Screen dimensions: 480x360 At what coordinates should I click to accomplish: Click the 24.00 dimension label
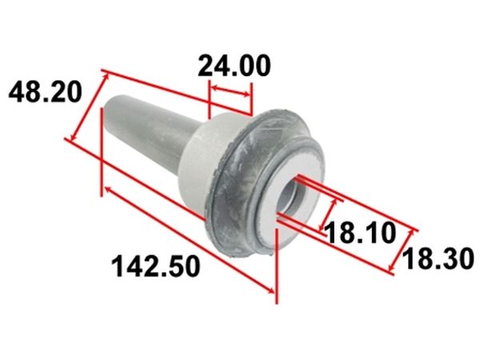[x=234, y=66]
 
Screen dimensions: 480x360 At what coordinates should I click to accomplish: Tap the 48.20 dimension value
[x=46, y=92]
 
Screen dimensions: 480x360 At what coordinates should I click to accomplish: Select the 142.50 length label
[x=156, y=266]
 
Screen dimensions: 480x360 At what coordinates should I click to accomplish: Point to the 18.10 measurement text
[x=360, y=233]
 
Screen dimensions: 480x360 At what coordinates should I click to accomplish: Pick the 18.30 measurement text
[x=438, y=259]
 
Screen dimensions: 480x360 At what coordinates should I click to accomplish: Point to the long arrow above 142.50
[x=189, y=240]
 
